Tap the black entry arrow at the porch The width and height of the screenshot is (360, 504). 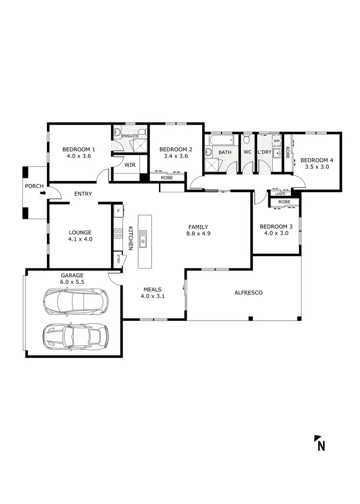point(43,193)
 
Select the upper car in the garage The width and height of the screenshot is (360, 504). point(75,302)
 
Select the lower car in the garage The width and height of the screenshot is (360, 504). point(75,335)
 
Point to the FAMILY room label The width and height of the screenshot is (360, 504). point(198,226)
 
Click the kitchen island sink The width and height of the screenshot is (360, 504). point(143,239)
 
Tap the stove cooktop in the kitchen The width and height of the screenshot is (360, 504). point(118,234)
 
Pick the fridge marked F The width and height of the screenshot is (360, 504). point(118,210)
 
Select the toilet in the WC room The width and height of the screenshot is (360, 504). point(247,140)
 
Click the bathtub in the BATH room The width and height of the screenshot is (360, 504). point(219,141)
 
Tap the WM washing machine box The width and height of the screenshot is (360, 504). point(276,141)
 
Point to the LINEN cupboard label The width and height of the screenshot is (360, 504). point(280,194)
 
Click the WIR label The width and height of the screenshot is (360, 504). point(130,164)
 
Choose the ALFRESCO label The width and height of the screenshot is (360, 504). point(248,293)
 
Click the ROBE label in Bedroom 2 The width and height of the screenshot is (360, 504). point(167,177)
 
